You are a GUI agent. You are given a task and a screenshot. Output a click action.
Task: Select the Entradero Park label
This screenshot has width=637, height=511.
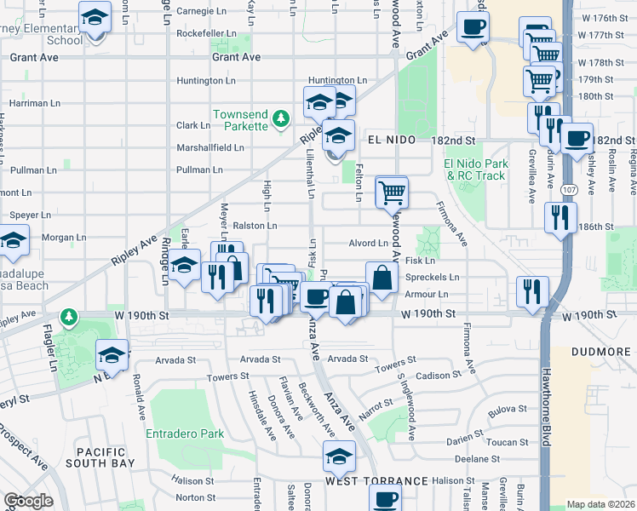tap(186, 433)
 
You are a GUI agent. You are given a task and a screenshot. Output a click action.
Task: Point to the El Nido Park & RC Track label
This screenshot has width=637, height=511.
tap(475, 169)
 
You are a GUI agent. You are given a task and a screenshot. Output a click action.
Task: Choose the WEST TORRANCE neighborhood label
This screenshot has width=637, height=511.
tap(364, 482)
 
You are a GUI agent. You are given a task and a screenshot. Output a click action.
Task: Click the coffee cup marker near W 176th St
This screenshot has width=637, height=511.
tap(473, 26)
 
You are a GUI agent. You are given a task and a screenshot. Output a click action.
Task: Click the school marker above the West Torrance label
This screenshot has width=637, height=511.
tap(339, 456)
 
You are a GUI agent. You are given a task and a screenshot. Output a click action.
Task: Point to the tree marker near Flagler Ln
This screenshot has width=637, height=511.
tap(68, 318)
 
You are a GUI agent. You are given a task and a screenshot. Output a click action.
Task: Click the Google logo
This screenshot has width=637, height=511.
tap(29, 500)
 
